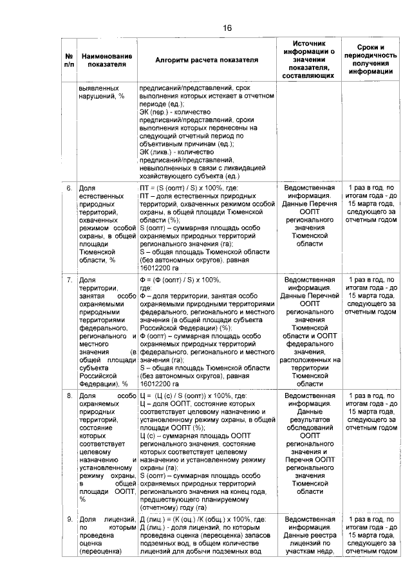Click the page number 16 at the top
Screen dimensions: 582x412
coord(227,28)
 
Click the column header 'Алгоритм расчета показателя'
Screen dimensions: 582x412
coord(207,59)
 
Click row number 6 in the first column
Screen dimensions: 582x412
coord(69,188)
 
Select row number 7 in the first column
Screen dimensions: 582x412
coord(69,280)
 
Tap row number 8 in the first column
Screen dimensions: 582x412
coord(69,396)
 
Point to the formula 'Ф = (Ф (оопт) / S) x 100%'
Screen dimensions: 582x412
coord(180,280)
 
